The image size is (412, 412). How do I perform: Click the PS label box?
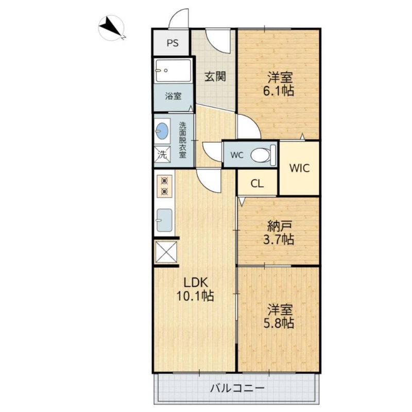[172, 43]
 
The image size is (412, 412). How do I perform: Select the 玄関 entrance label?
[215, 77]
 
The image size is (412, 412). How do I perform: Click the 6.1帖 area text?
[280, 92]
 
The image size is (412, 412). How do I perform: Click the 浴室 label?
[173, 96]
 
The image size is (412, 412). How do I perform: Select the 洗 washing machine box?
[162, 154]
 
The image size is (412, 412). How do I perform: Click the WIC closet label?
[299, 168]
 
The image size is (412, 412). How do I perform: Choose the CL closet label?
[257, 183]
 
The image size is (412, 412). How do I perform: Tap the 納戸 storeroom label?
[280, 225]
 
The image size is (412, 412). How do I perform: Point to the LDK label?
[196, 282]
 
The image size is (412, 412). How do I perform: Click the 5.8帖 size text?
[280, 323]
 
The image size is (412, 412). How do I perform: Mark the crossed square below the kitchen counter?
[165, 252]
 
